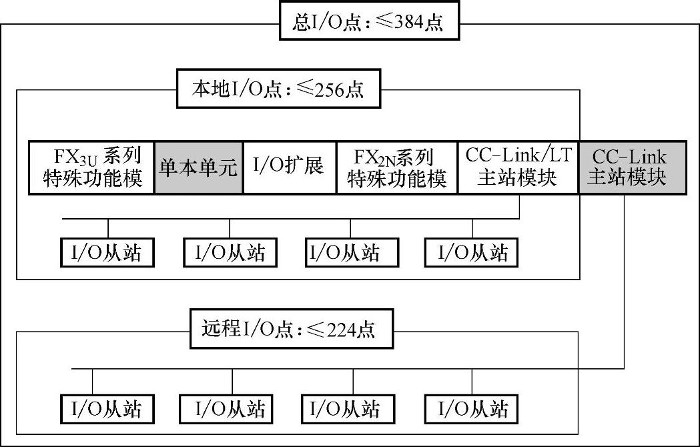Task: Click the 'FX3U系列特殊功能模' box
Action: click(x=91, y=167)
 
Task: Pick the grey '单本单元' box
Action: click(x=198, y=167)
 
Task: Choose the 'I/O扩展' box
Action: click(x=289, y=167)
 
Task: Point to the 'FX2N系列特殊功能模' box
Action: click(x=396, y=167)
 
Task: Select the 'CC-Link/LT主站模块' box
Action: click(x=517, y=167)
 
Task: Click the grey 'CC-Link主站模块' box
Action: click(x=631, y=167)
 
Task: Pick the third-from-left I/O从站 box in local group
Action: click(x=352, y=253)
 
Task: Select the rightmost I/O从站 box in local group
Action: click(x=472, y=253)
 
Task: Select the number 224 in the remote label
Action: click(x=340, y=330)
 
